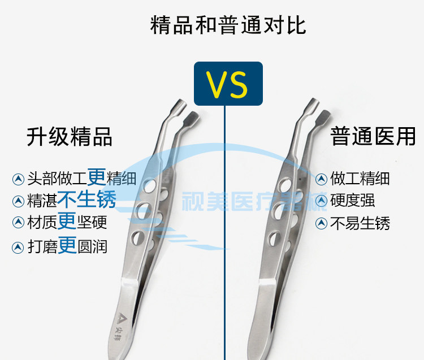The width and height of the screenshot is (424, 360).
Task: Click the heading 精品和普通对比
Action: coord(228,25)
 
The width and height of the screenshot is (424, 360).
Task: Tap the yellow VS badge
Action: coord(228,84)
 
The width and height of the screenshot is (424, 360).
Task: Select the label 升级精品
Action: coord(70,137)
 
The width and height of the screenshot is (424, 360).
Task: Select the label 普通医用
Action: coord(373,136)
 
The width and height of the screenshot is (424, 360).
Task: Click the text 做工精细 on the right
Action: coord(360,179)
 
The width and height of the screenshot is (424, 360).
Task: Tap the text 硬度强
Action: coord(352,200)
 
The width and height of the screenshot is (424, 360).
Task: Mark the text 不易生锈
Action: coord(360,223)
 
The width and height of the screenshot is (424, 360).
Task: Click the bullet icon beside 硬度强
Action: coord(322,200)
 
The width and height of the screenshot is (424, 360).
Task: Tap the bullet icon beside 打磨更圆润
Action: coord(18,247)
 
